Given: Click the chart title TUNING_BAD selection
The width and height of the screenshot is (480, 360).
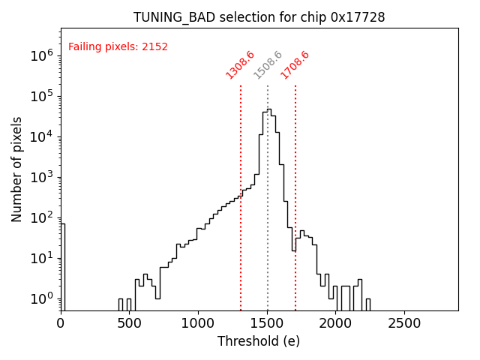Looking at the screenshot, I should [x=259, y=17].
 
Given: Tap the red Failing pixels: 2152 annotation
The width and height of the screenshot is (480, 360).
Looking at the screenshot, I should [x=118, y=47].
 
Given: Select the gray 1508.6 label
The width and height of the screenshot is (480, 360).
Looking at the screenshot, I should [x=268, y=65].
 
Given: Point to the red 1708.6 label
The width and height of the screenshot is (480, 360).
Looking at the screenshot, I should [x=295, y=65].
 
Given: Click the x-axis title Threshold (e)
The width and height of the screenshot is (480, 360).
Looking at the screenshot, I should [x=259, y=341].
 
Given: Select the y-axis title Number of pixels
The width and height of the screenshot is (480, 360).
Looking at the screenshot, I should [x=17, y=169].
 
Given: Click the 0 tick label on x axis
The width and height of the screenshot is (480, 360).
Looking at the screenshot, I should [x=61, y=323].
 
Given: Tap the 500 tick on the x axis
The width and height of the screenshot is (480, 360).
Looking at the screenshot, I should [x=129, y=323].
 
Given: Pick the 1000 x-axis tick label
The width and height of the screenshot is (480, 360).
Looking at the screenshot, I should [x=198, y=323].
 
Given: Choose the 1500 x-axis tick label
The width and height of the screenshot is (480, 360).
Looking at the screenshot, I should [x=267, y=323].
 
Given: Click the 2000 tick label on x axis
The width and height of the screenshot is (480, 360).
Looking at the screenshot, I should [x=336, y=323].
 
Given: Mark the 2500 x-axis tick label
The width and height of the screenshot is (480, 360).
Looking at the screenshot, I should [x=405, y=323].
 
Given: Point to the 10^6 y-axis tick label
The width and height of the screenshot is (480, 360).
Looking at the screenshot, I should [x=42, y=55].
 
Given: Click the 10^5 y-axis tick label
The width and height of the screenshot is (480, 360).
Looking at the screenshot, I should [x=42, y=96].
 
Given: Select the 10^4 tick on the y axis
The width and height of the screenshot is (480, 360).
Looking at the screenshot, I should [x=42, y=136].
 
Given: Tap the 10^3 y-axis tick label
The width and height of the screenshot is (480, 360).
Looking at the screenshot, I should [x=42, y=177].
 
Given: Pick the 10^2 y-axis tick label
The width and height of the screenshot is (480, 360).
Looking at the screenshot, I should [x=42, y=217].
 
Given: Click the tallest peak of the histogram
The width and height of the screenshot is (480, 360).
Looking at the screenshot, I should [x=268, y=109].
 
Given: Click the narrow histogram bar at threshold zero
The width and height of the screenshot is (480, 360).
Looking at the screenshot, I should [x=62, y=262].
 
